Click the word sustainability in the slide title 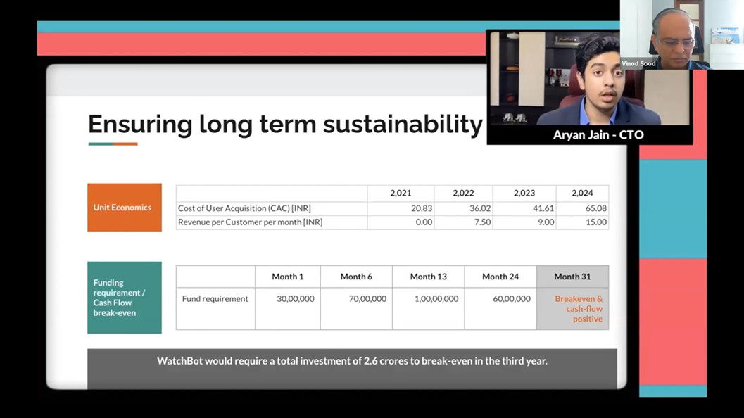[x=403, y=125]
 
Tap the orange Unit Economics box [x=125, y=208]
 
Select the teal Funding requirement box [x=125, y=298]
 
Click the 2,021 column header [x=401, y=193]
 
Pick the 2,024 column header [x=582, y=193]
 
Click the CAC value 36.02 [x=480, y=208]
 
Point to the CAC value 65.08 [x=596, y=208]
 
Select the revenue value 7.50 [x=483, y=222]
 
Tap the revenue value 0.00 [x=424, y=222]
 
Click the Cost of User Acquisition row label [x=244, y=208]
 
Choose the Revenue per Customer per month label [x=250, y=222]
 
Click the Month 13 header [x=429, y=277]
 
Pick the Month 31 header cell [x=573, y=277]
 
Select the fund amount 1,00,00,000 [x=436, y=299]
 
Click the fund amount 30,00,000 [x=296, y=299]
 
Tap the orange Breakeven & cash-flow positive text [x=579, y=309]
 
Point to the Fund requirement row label [x=215, y=299]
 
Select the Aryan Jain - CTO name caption [x=598, y=134]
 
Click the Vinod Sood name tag [x=638, y=63]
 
